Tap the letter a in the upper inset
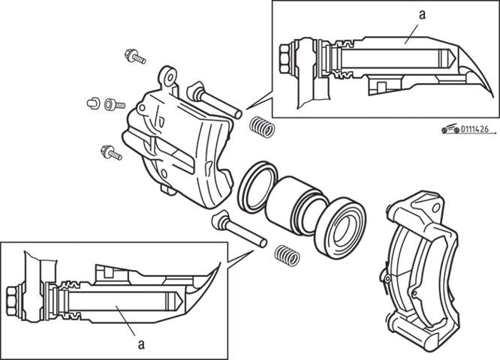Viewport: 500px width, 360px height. pyautogui.click(x=422, y=14)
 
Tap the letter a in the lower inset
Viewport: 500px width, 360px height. pyautogui.click(x=141, y=344)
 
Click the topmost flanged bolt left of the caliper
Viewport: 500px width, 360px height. pyautogui.click(x=135, y=56)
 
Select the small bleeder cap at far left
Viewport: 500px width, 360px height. pyautogui.click(x=93, y=103)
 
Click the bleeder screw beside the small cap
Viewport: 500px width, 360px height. pyautogui.click(x=114, y=104)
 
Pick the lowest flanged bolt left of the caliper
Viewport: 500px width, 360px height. pyautogui.click(x=111, y=152)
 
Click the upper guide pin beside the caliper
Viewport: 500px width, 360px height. pyautogui.click(x=215, y=100)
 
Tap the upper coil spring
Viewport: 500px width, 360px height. pyautogui.click(x=262, y=127)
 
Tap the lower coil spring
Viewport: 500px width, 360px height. pyautogui.click(x=288, y=255)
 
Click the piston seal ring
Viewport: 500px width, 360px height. pyautogui.click(x=258, y=187)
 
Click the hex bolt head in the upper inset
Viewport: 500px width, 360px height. pyautogui.click(x=285, y=58)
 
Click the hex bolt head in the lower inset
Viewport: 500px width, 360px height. pyautogui.click(x=12, y=300)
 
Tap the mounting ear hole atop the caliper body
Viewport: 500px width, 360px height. pyautogui.click(x=170, y=77)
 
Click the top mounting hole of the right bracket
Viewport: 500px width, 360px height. pyautogui.click(x=436, y=208)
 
